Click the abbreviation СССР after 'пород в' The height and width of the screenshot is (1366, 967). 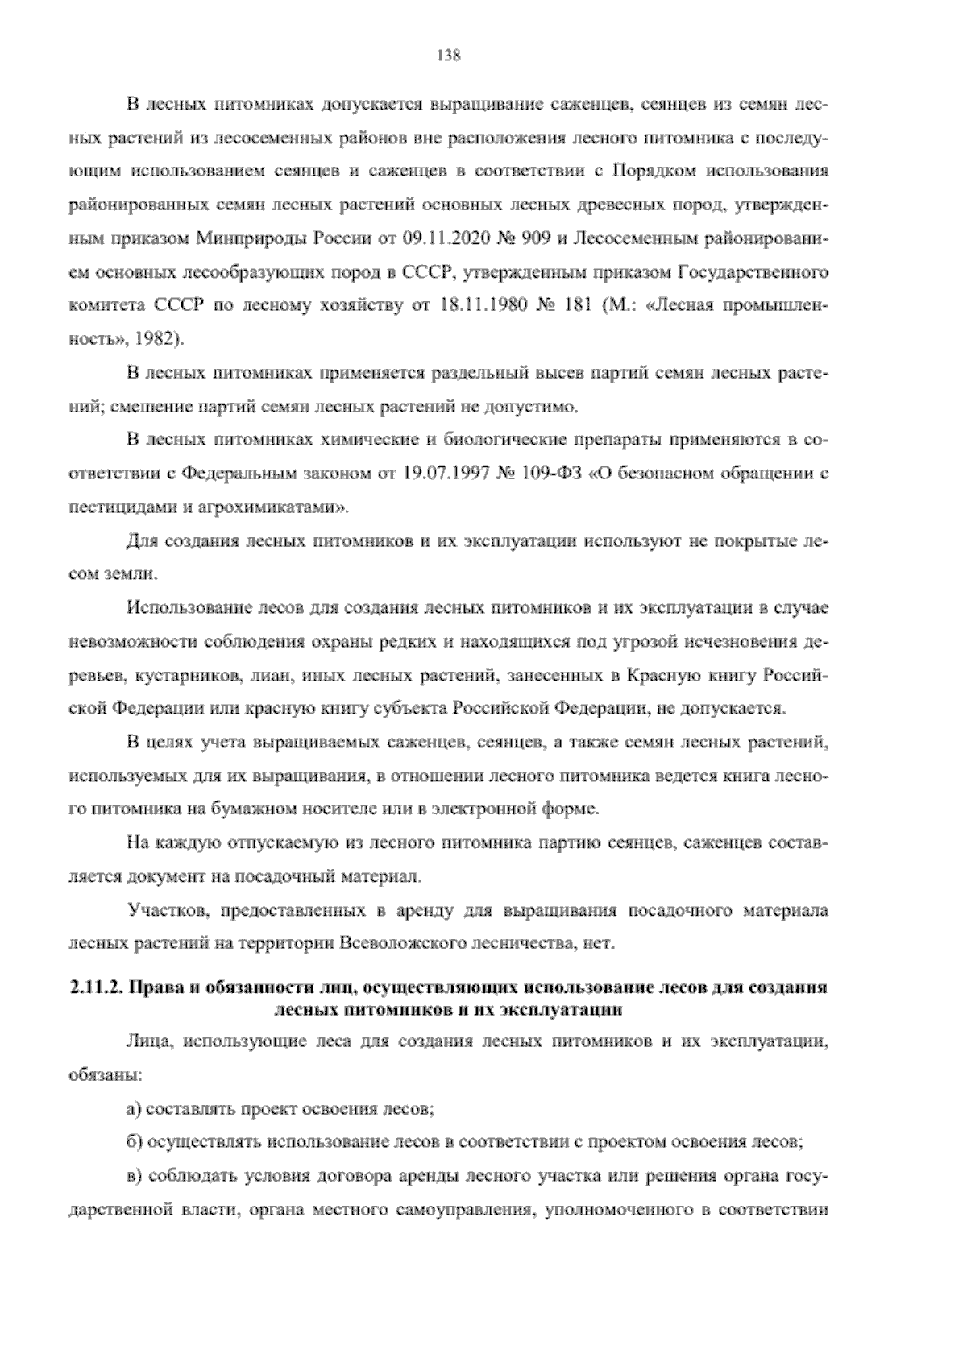tap(419, 273)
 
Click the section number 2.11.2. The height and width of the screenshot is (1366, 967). tap(95, 987)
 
